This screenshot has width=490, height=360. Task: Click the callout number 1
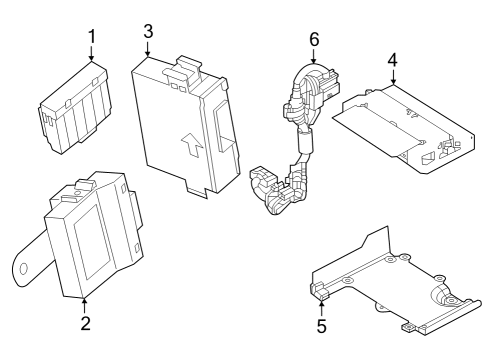pyautogui.click(x=92, y=37)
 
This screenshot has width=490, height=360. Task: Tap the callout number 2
pyautogui.click(x=85, y=323)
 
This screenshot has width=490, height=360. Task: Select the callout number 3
pyautogui.click(x=148, y=31)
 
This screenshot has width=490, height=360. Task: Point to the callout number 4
pyautogui.click(x=393, y=60)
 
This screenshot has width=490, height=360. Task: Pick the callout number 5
pyautogui.click(x=321, y=326)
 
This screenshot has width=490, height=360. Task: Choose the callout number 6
pyautogui.click(x=314, y=39)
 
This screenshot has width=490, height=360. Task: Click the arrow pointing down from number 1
pyautogui.click(x=91, y=53)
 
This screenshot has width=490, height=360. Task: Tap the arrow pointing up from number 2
pyautogui.click(x=85, y=306)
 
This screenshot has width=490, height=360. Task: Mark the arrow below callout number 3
pyautogui.click(x=148, y=49)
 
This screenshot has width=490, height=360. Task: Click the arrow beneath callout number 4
pyautogui.click(x=393, y=77)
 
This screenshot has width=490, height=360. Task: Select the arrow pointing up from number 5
pyautogui.click(x=321, y=307)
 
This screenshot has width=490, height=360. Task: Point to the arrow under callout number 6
pyautogui.click(x=314, y=56)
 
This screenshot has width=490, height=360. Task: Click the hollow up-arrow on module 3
pyautogui.click(x=192, y=144)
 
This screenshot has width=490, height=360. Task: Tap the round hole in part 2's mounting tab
pyautogui.click(x=24, y=269)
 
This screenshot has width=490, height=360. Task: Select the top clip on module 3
pyautogui.click(x=182, y=70)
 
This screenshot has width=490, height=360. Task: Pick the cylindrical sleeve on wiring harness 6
pyautogui.click(x=304, y=142)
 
